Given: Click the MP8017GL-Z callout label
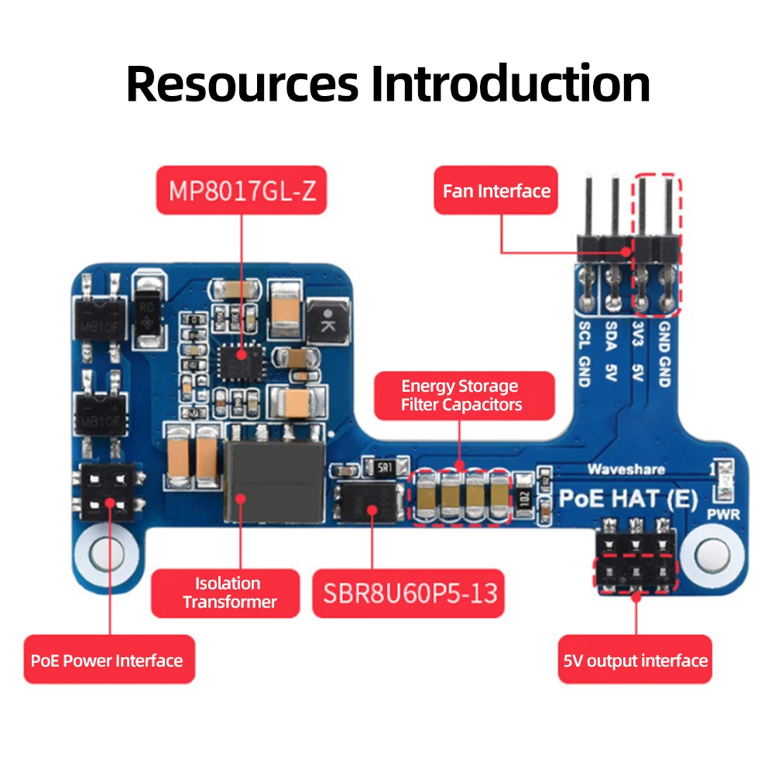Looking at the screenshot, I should [241, 190].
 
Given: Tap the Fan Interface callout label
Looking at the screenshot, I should [496, 191].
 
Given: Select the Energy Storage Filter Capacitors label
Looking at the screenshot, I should [460, 395].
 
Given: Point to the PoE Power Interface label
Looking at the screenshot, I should [107, 660].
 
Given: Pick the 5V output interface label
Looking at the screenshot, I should [635, 660].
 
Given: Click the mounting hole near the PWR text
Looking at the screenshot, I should [711, 554].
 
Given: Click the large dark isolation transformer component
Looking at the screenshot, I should [273, 482].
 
